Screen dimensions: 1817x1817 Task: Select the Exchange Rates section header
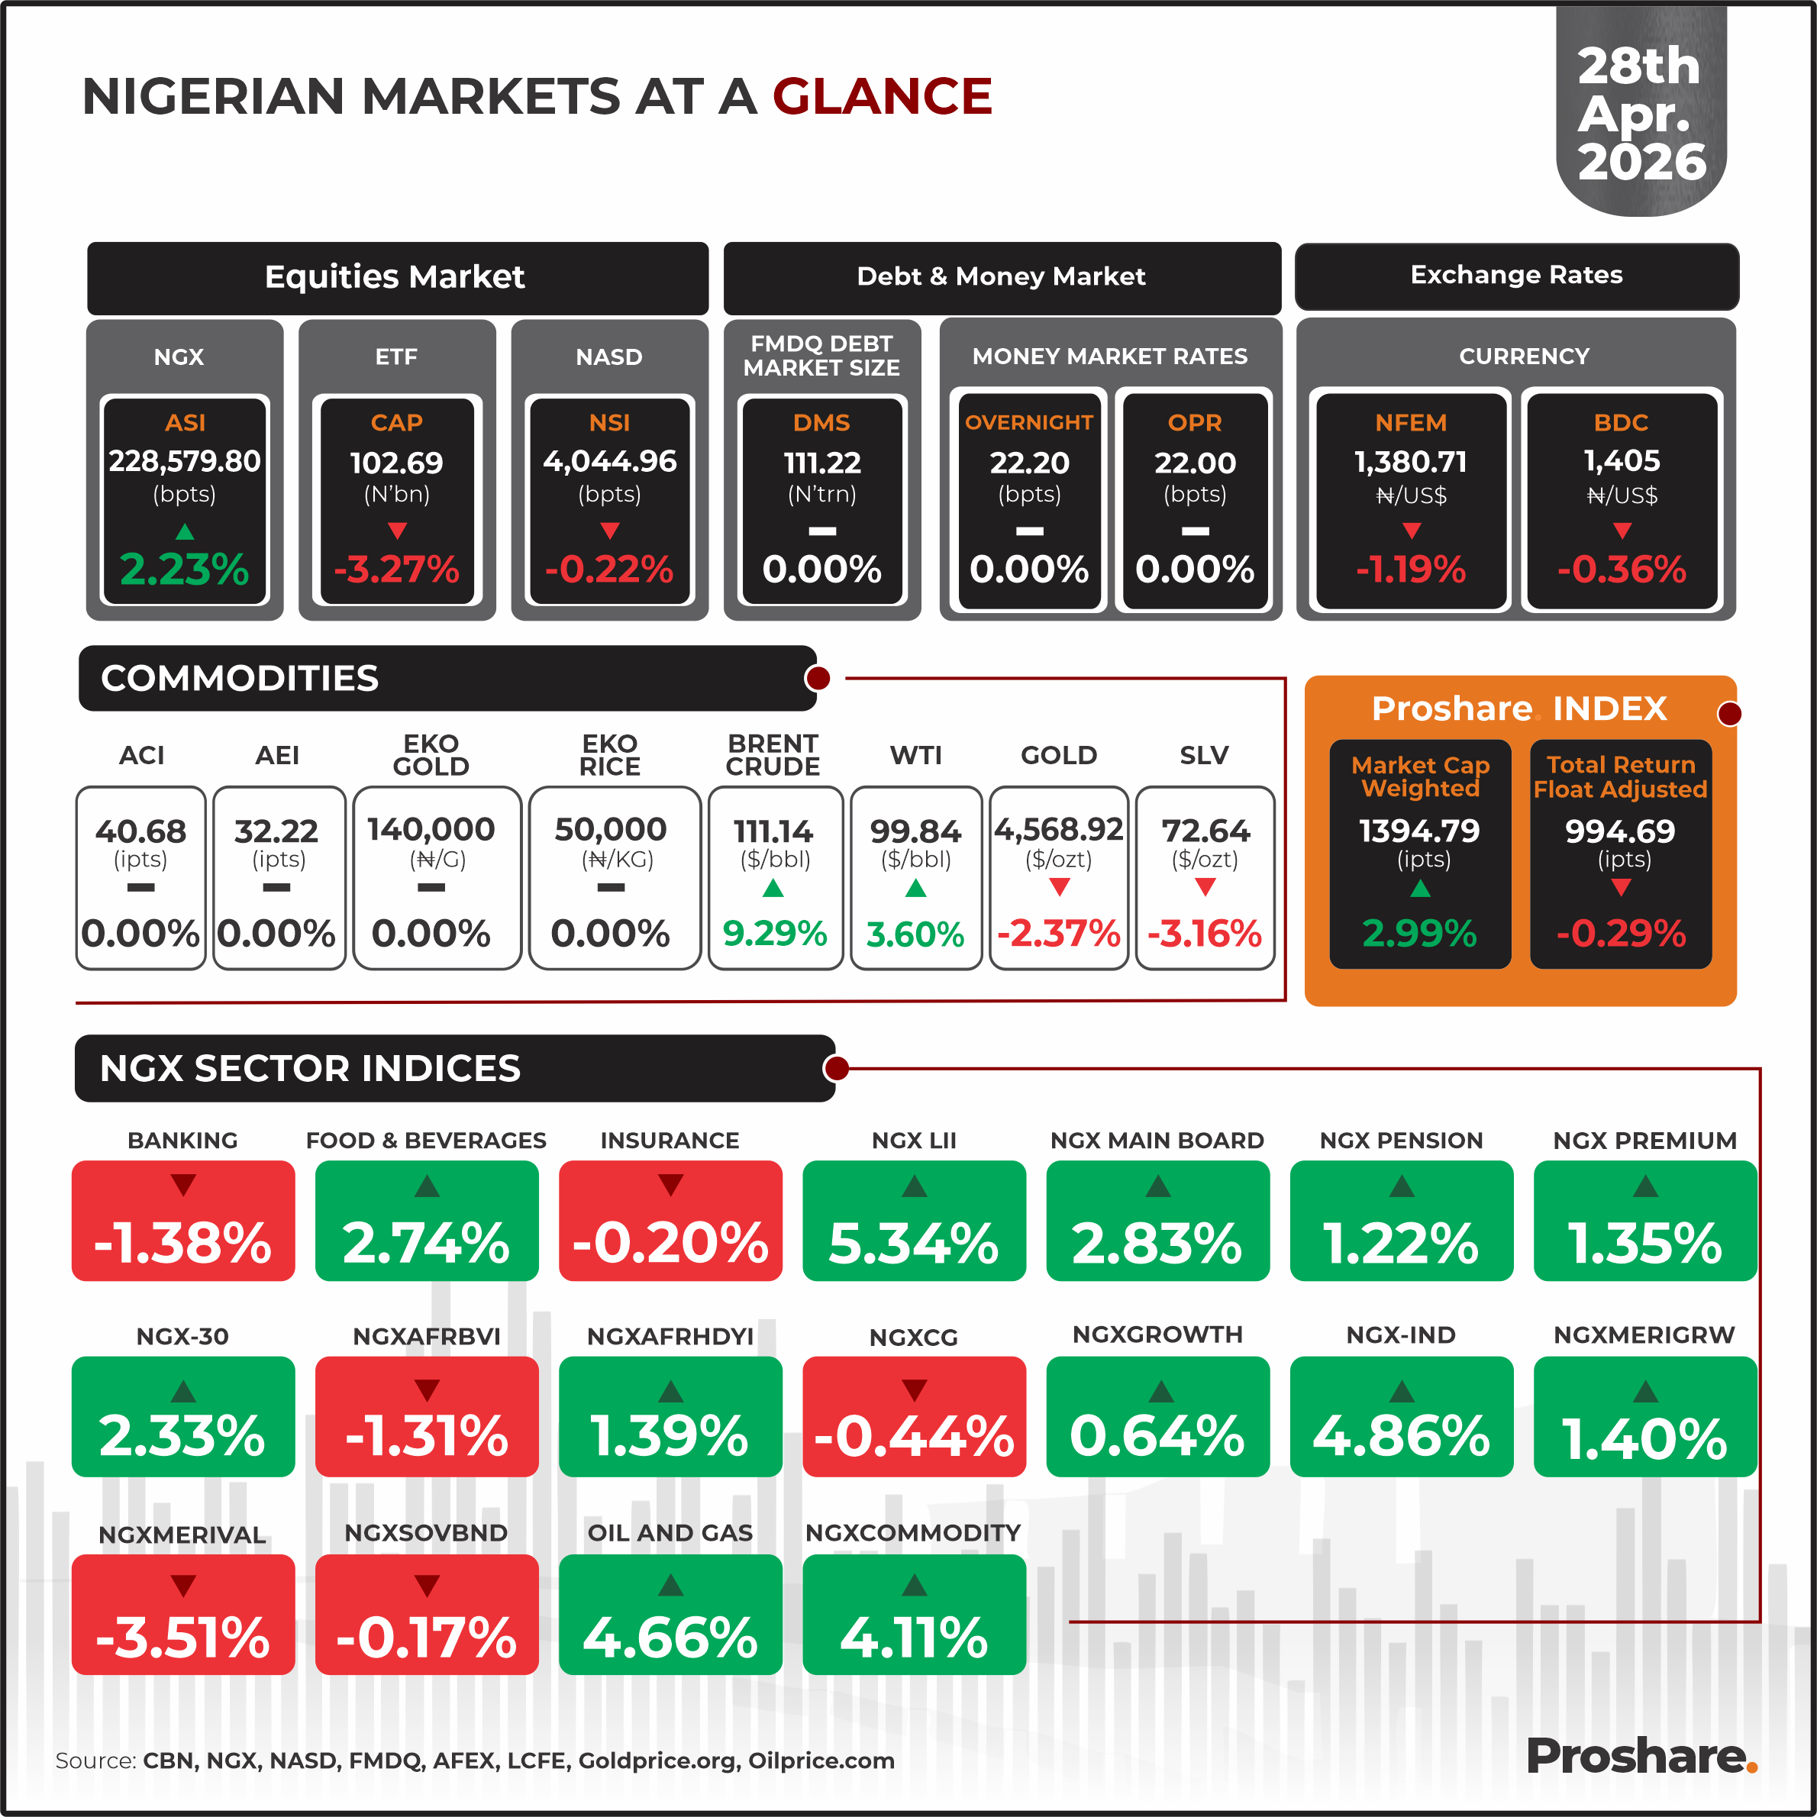pos(1516,276)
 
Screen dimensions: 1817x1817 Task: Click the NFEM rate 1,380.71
pos(1410,462)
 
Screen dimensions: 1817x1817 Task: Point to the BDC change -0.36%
pos(1621,569)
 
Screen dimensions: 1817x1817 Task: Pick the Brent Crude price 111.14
pos(773,831)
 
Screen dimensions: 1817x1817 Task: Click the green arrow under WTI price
pos(915,888)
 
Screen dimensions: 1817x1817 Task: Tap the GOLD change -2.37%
pos(1058,934)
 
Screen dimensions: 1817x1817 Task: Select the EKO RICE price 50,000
pos(610,830)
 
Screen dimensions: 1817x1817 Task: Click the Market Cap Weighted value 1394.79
pos(1419,831)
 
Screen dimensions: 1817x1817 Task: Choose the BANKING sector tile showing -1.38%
pos(183,1221)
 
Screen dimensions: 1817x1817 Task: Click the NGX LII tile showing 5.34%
pos(913,1221)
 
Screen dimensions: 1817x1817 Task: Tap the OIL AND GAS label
pos(670,1533)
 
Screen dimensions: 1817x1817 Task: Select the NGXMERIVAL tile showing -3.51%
pos(183,1614)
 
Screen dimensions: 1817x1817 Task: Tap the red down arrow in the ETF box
pos(397,531)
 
